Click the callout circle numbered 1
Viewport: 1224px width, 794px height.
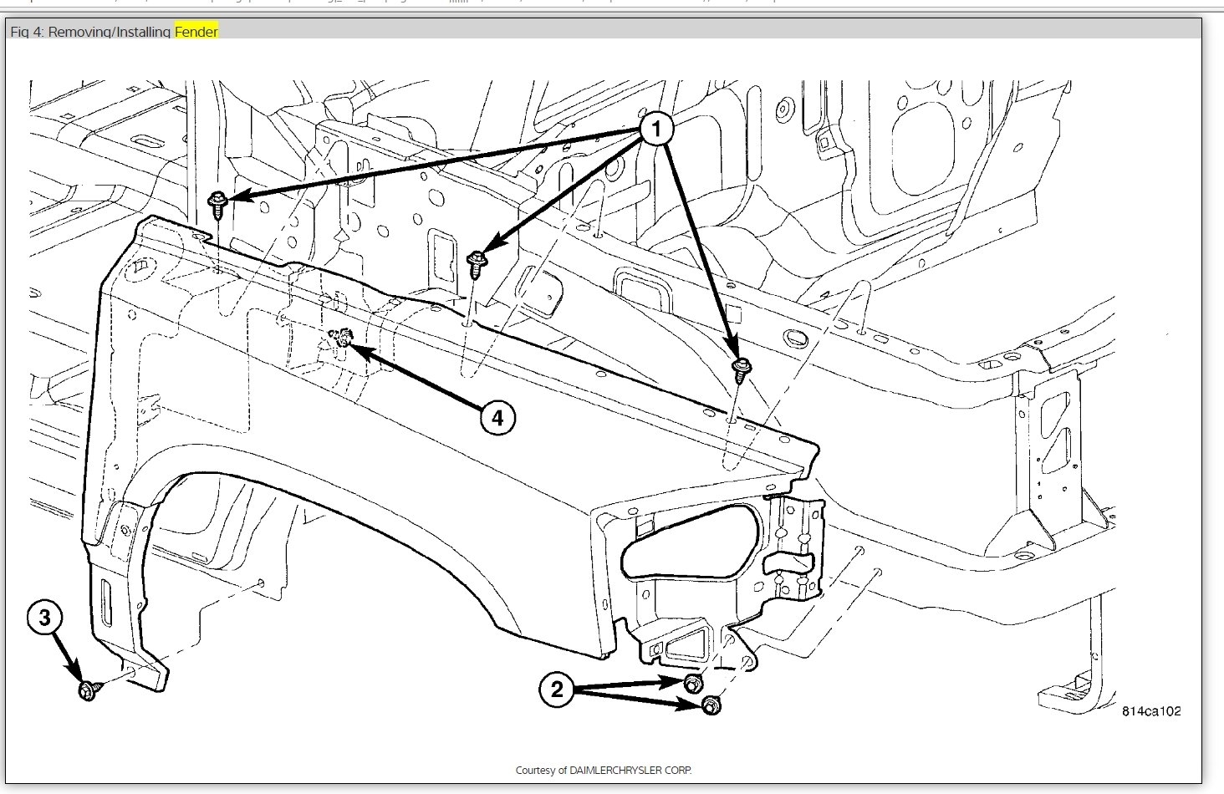[x=656, y=129]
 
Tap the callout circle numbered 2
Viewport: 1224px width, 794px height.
[x=558, y=690]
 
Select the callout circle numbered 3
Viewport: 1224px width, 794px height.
[x=44, y=618]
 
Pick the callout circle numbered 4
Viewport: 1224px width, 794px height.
[x=497, y=417]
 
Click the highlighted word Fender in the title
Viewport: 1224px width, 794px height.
[x=196, y=32]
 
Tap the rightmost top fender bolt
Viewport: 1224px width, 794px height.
[x=740, y=367]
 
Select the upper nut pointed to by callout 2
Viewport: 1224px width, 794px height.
[x=691, y=684]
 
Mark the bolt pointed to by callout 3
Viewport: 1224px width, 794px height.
[x=86, y=690]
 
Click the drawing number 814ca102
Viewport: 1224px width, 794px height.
[x=1151, y=711]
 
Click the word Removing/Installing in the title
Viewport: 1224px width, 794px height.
[x=110, y=32]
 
